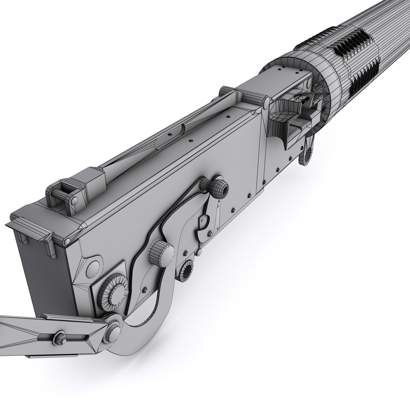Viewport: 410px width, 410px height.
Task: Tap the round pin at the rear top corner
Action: coord(67,241)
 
